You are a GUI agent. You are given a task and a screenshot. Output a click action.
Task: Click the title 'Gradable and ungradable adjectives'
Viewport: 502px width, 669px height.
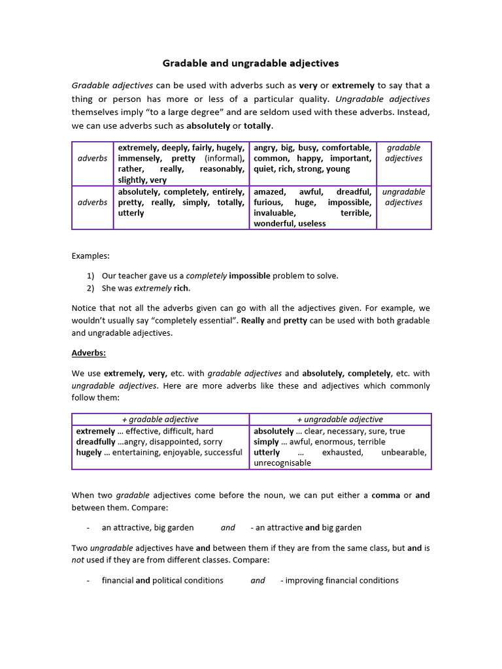click(x=250, y=63)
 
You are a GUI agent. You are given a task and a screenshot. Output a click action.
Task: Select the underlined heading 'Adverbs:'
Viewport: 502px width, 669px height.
click(x=88, y=353)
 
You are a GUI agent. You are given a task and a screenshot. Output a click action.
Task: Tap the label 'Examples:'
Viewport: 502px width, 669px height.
click(x=91, y=255)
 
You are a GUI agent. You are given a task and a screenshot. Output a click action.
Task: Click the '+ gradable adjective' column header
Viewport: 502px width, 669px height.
click(x=160, y=419)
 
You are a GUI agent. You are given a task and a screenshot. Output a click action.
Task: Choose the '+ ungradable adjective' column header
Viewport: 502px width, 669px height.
click(x=340, y=419)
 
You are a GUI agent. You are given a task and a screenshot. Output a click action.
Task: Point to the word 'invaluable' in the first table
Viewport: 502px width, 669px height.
click(x=275, y=213)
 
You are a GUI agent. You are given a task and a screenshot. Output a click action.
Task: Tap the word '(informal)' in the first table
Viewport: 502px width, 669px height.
click(x=224, y=158)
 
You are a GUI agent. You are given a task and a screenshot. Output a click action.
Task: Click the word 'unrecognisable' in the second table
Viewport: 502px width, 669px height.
click(x=282, y=463)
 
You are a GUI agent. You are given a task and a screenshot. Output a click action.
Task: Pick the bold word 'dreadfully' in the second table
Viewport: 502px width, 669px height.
click(x=95, y=442)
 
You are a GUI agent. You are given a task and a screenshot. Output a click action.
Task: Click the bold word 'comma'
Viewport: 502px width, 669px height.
click(x=386, y=495)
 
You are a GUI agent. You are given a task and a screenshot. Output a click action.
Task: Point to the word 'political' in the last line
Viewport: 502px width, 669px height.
click(x=171, y=580)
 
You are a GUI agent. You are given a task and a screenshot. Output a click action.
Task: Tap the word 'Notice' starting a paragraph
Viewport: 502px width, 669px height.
click(x=84, y=308)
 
